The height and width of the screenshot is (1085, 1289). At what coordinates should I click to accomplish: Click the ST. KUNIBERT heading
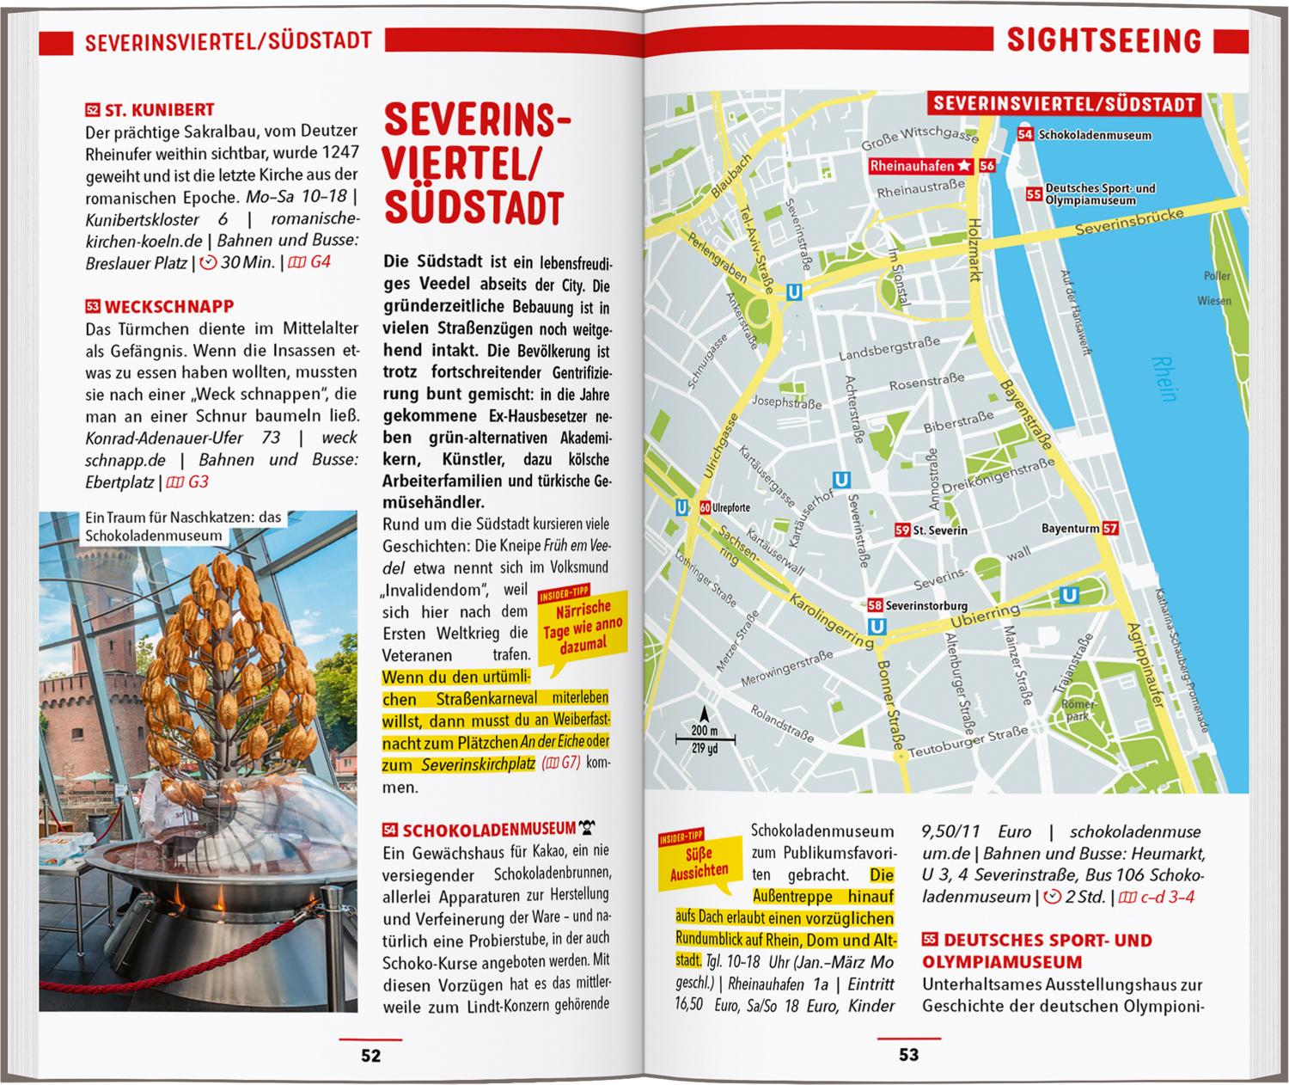click(159, 110)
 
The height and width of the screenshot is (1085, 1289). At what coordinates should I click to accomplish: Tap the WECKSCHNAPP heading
click(169, 307)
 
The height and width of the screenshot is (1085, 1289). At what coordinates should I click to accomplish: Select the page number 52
click(370, 1056)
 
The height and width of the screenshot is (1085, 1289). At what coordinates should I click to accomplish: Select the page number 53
click(908, 1055)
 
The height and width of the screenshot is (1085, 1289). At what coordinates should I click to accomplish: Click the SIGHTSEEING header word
click(1103, 40)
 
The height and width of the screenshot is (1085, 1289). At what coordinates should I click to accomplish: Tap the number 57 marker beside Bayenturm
click(1110, 528)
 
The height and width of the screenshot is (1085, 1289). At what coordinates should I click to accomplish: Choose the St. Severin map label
click(940, 530)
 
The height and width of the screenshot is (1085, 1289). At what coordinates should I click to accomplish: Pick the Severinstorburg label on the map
click(926, 605)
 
